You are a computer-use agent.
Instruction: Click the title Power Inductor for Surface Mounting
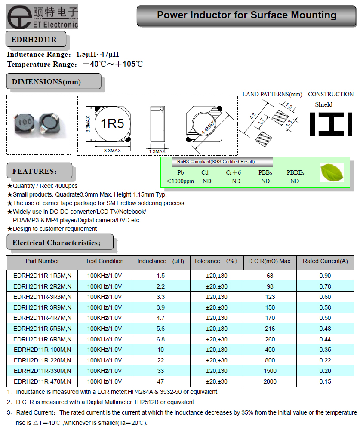[246, 15]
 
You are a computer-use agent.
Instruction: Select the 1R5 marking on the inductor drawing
[112, 124]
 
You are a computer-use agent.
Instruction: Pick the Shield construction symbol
[331, 124]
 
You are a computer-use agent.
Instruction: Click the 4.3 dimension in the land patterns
[252, 117]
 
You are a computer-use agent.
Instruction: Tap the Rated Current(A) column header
[325, 261]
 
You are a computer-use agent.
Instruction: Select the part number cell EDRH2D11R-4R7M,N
[42, 318]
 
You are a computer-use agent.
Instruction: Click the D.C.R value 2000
[264, 381]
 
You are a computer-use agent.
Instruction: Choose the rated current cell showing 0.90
[325, 276]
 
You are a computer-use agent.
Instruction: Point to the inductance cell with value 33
[160, 371]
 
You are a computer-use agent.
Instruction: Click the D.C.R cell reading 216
[264, 329]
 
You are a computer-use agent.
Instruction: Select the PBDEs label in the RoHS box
[295, 172]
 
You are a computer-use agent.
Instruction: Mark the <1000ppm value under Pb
[180, 181]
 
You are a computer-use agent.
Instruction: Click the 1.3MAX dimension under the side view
[157, 151]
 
